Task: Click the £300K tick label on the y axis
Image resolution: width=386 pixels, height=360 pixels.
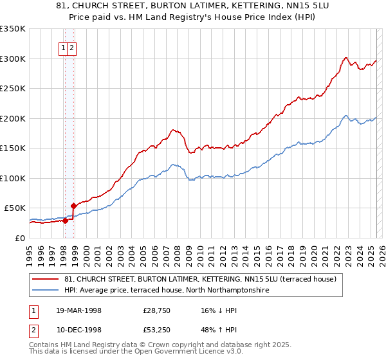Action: point(13,59)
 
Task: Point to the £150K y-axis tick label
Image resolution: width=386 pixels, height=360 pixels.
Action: point(13,148)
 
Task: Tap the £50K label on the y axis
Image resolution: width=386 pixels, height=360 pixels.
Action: point(15,208)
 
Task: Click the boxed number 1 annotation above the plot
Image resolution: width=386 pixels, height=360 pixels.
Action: point(64,48)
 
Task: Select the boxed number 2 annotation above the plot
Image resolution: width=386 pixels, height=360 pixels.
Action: point(72,48)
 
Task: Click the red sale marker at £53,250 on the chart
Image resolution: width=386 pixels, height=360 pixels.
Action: point(73,206)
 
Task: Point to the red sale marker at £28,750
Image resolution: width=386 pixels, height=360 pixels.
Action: point(65,221)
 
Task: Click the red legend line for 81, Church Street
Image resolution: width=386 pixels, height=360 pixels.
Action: point(46,279)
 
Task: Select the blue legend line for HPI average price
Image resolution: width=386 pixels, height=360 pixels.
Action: point(46,291)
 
